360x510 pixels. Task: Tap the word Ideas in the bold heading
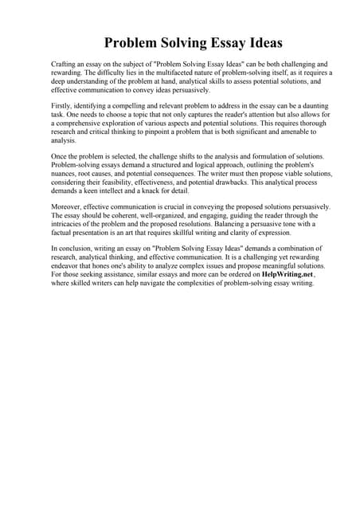click(x=264, y=42)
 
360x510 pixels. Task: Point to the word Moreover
click(x=67, y=207)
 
